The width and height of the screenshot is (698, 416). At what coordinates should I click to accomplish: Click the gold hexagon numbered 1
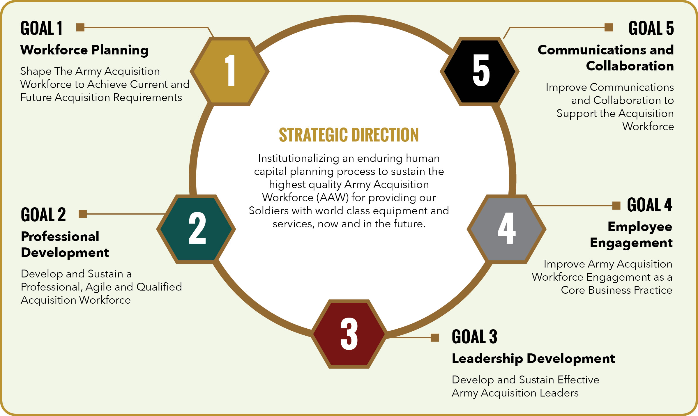coord(229,71)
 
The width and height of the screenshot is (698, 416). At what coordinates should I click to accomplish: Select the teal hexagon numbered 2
coord(196,229)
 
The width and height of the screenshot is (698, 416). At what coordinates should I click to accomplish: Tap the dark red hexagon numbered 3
coord(349,334)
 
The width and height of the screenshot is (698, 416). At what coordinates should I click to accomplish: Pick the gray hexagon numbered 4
coord(506,229)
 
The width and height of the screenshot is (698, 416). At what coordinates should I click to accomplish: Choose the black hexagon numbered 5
coord(480,71)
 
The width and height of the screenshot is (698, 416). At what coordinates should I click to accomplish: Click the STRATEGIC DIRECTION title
coord(349,135)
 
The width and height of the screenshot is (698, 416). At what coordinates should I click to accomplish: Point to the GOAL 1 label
coord(41,28)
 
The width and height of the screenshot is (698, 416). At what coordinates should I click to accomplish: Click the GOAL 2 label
coord(43,215)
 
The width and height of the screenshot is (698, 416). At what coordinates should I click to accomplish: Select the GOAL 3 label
coord(474,337)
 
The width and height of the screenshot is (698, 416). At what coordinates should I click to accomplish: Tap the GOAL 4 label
coord(649,205)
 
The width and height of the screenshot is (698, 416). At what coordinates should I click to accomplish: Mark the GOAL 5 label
coord(651,28)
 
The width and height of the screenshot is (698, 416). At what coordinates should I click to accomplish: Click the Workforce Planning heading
coord(84,50)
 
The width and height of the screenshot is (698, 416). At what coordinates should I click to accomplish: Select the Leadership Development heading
coord(533,359)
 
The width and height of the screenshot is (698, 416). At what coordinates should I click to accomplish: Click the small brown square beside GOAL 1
coord(80,27)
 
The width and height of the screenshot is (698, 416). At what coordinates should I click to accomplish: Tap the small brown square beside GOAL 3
coord(435,338)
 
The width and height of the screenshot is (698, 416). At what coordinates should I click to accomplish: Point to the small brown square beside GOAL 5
coord(609,27)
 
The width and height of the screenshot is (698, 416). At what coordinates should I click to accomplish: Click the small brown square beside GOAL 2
coord(83,214)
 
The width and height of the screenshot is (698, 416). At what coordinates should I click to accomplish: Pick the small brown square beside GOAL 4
coord(616,206)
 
